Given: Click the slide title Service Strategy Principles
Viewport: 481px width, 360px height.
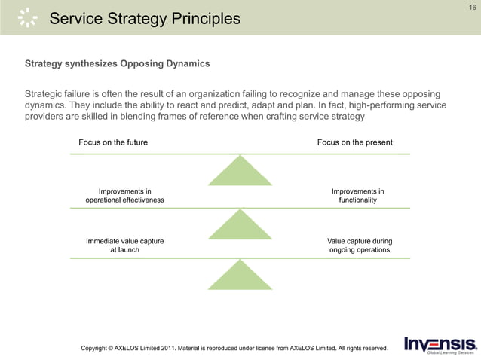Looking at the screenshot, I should point(145,18).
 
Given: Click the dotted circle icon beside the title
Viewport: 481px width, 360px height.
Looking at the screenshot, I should point(27,17).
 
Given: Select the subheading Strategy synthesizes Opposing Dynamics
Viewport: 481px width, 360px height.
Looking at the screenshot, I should point(118,63).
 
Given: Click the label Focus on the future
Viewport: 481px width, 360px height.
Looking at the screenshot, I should point(113,142).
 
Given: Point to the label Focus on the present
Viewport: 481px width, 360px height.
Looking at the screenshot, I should point(354,142).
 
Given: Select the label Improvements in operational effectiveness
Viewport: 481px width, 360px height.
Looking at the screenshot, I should point(124,196).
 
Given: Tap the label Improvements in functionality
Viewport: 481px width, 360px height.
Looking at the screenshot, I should point(357,196).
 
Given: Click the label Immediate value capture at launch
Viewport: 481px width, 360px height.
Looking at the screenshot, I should point(124,246).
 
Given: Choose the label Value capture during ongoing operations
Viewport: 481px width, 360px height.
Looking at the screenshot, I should point(359,246).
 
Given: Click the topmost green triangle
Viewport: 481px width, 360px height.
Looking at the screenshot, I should point(240,171).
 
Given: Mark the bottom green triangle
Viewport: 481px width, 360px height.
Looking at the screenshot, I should point(240,275).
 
